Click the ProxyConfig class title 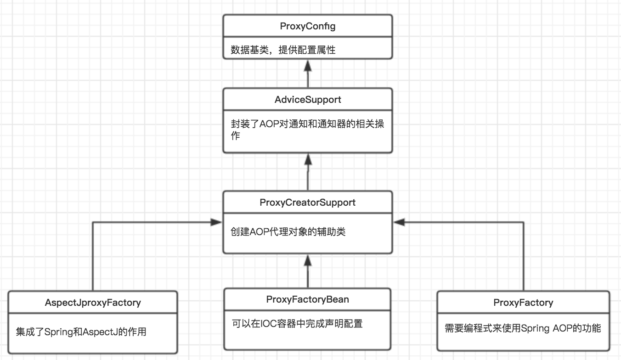tap(308, 27)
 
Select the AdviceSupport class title tap(308, 100)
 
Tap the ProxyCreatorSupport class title tap(308, 202)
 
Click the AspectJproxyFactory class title tap(93, 303)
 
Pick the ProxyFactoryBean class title tap(308, 300)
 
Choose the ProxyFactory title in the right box tap(523, 303)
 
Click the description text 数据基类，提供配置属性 tap(283, 50)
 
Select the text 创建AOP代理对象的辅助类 tap(288, 232)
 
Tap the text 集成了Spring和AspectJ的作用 tap(81, 331)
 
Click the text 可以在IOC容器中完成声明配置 tap(297, 323)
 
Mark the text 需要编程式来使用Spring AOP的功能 tap(523, 328)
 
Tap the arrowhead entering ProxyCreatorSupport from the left tap(217, 222)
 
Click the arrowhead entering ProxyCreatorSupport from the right tap(399, 222)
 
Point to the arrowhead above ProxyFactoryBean tap(308, 260)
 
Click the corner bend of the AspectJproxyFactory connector tap(93, 222)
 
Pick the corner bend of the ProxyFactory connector tap(523, 222)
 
